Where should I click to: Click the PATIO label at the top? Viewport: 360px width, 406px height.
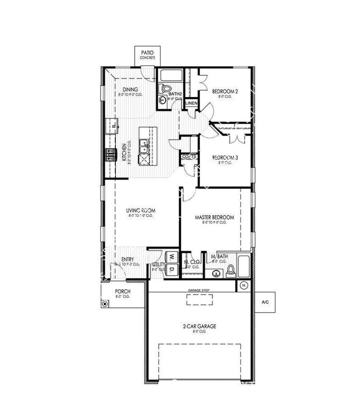click(x=147, y=52)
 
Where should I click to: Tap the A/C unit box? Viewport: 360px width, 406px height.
click(x=265, y=302)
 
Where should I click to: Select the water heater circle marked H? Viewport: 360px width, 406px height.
click(x=244, y=286)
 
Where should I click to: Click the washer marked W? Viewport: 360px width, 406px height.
click(x=171, y=257)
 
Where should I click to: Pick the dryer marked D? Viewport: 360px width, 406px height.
click(x=171, y=270)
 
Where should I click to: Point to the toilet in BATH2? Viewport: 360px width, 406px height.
click(x=166, y=88)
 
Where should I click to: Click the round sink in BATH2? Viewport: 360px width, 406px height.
click(x=163, y=100)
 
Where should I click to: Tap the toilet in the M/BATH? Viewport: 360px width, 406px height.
click(x=231, y=271)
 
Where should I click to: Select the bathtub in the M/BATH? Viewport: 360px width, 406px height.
click(x=244, y=266)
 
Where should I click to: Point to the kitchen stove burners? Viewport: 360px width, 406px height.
click(x=111, y=154)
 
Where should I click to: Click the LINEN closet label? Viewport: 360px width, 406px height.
click(x=191, y=103)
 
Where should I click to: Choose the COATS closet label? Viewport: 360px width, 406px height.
click(x=189, y=157)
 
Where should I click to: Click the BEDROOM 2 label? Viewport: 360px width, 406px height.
click(x=225, y=91)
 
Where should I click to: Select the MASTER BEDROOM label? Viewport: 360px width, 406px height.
click(x=214, y=217)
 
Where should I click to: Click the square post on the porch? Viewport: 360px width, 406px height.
click(x=104, y=304)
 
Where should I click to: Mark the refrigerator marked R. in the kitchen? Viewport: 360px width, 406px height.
click(x=114, y=126)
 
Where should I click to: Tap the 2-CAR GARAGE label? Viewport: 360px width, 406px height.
click(x=199, y=326)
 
